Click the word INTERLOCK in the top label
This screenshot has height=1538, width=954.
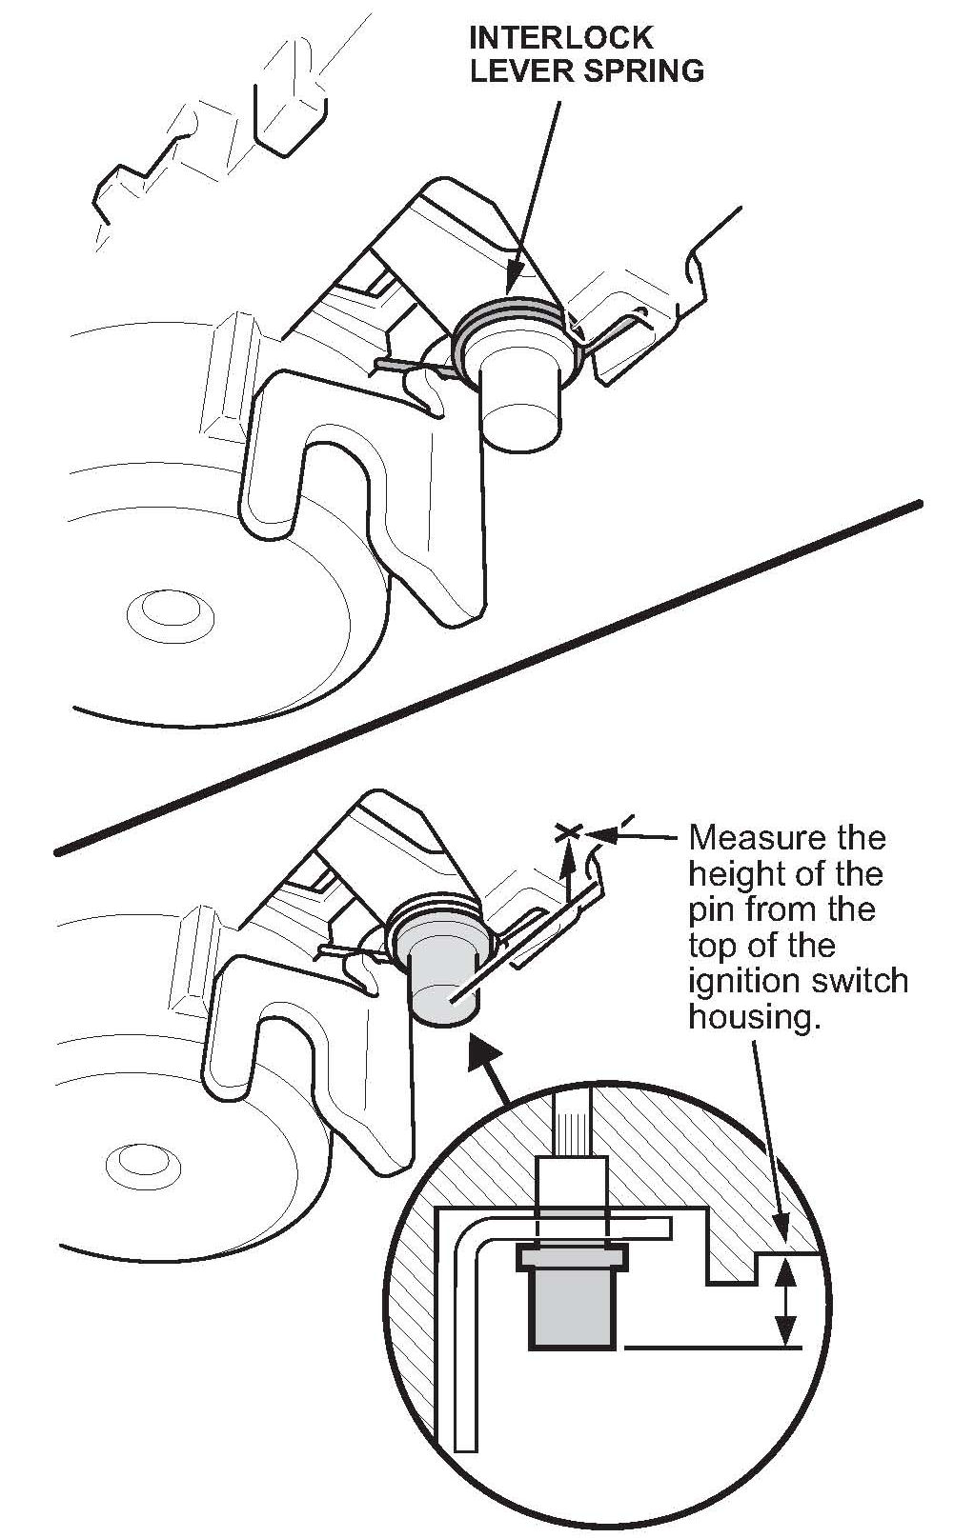(561, 38)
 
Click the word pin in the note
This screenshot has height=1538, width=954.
(709, 909)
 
